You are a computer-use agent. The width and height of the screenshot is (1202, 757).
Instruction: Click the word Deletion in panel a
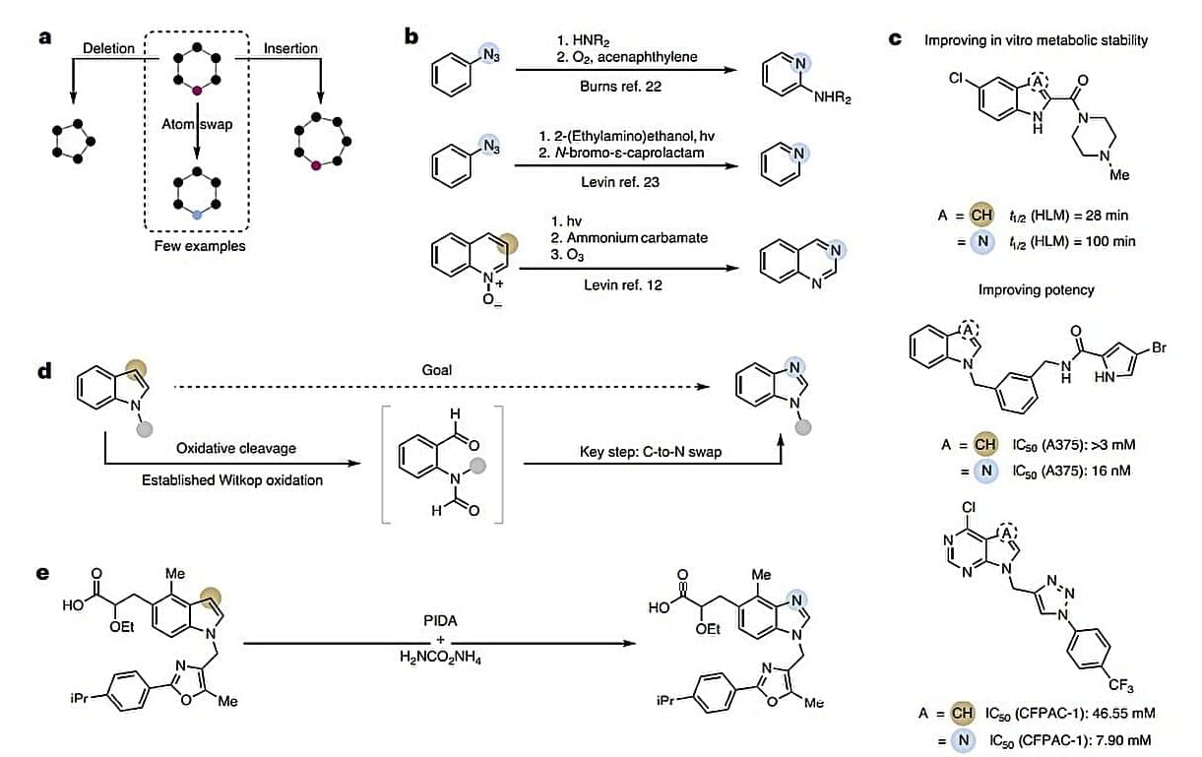(x=109, y=47)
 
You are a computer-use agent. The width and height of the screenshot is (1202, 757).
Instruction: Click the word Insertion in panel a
(x=290, y=47)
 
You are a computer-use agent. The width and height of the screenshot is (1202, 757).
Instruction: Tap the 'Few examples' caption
(x=200, y=245)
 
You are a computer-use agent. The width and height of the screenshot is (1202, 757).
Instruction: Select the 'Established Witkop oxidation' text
(x=231, y=479)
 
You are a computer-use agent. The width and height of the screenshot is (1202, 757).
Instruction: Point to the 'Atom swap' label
(x=198, y=125)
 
